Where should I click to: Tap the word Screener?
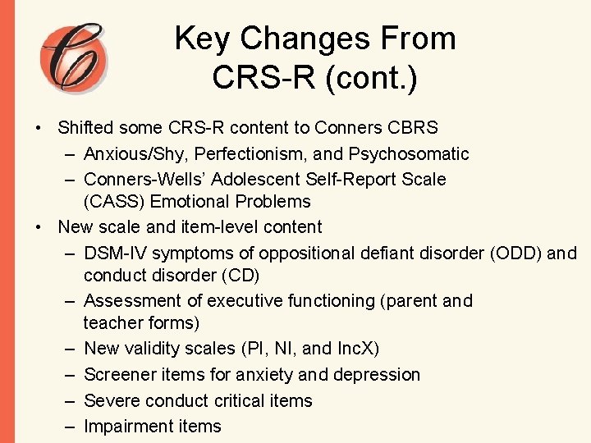(121, 375)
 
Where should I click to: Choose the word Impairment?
(128, 427)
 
